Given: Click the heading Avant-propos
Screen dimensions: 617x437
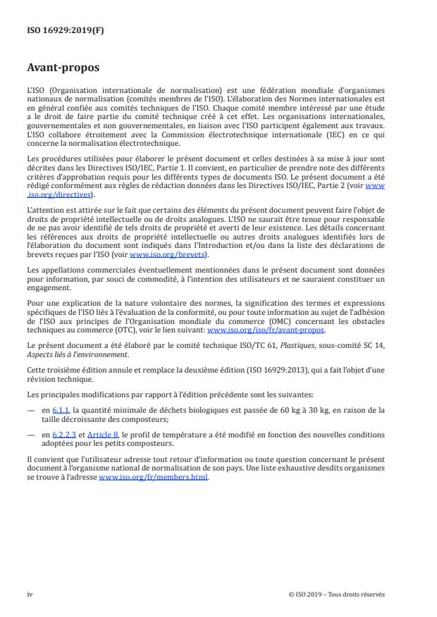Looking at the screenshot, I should click(63, 68).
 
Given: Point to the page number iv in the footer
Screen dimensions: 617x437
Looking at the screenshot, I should click(30, 594).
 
